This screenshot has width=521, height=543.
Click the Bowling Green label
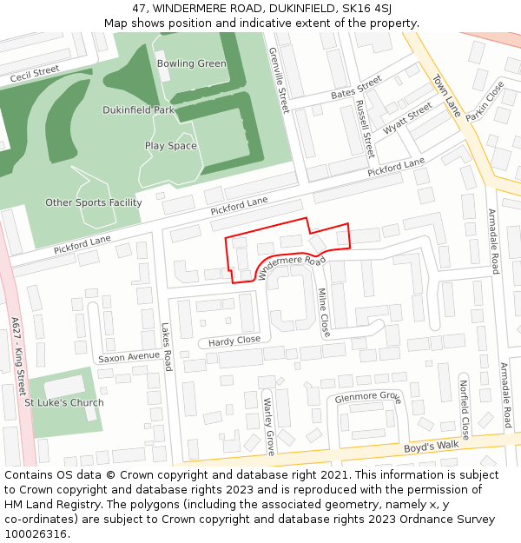click(191, 63)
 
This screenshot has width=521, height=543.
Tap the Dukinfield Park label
click(138, 110)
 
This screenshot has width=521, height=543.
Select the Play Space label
click(170, 146)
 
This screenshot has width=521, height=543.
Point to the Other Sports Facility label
click(93, 202)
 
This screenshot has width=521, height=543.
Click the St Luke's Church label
click(63, 402)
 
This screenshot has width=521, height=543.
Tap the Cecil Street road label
click(34, 74)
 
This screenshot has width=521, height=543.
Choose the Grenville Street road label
click(278, 80)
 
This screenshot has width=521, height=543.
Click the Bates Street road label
click(356, 88)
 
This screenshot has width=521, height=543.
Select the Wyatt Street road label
click(407, 117)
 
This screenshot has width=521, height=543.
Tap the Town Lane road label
click(446, 96)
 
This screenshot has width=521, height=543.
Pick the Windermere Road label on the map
click(291, 267)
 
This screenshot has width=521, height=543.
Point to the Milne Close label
click(323, 312)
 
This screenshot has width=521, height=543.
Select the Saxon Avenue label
click(129, 357)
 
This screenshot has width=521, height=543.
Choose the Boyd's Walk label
click(431, 447)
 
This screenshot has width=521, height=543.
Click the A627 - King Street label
click(18, 356)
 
